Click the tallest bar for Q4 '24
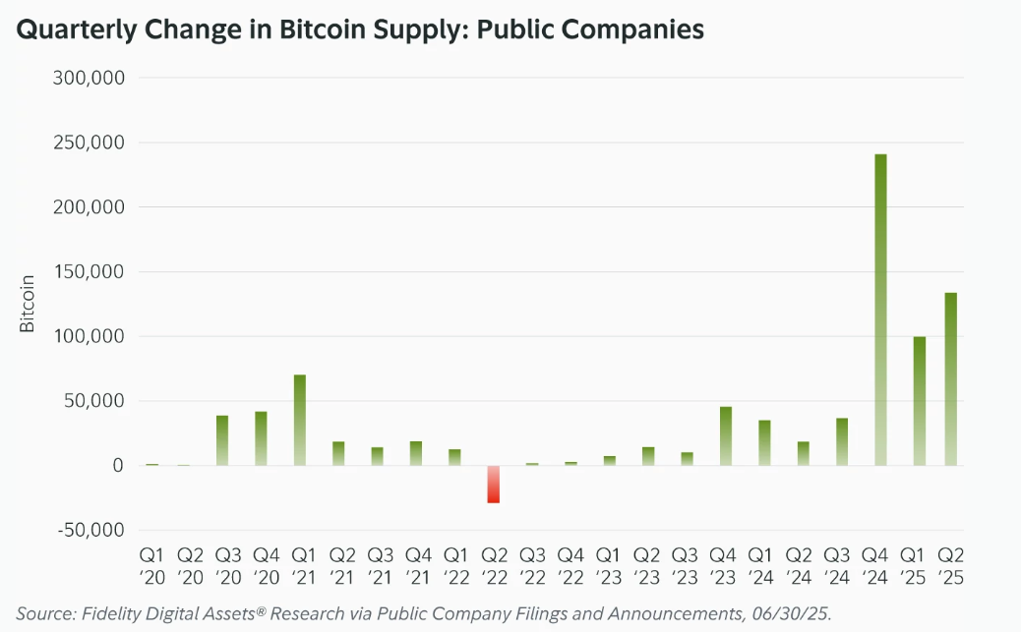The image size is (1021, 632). [880, 310]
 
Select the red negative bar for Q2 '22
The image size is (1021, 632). [493, 485]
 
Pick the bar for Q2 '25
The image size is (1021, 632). [951, 378]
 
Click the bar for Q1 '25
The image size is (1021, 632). [920, 401]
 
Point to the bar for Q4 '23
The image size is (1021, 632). [726, 435]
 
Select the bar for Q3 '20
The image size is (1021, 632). [222, 440]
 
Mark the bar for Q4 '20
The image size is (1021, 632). [261, 438]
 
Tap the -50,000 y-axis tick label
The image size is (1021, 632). [91, 530]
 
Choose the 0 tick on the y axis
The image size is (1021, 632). [118, 465]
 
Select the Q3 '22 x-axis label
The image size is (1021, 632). [532, 566]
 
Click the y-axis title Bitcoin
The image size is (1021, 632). [28, 304]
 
